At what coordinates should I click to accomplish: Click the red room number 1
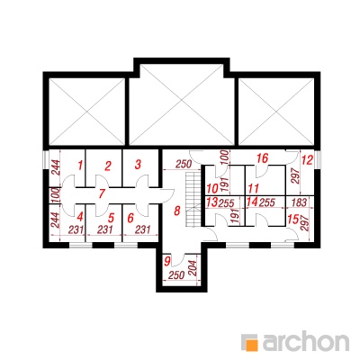click(x=79, y=166)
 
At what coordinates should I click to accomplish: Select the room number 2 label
click(x=108, y=166)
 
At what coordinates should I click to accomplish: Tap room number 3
click(x=138, y=165)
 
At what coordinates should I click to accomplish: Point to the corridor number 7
click(x=102, y=193)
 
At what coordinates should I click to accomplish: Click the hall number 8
click(x=177, y=211)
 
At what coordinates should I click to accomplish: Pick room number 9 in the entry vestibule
click(x=167, y=261)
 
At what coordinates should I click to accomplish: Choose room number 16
click(x=262, y=158)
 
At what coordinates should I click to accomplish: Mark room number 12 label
click(x=307, y=160)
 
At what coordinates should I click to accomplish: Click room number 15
click(x=293, y=219)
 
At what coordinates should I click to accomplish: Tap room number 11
click(x=253, y=189)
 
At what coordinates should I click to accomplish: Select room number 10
click(x=212, y=189)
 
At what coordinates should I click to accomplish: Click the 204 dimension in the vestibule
click(x=193, y=268)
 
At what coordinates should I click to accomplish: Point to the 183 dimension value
click(x=299, y=202)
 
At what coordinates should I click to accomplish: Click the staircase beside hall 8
click(x=193, y=200)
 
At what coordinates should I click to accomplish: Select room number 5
click(x=112, y=217)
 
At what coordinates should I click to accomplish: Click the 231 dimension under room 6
click(x=142, y=230)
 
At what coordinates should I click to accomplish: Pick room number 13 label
click(x=211, y=202)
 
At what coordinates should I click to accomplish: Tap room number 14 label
click(x=252, y=202)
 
